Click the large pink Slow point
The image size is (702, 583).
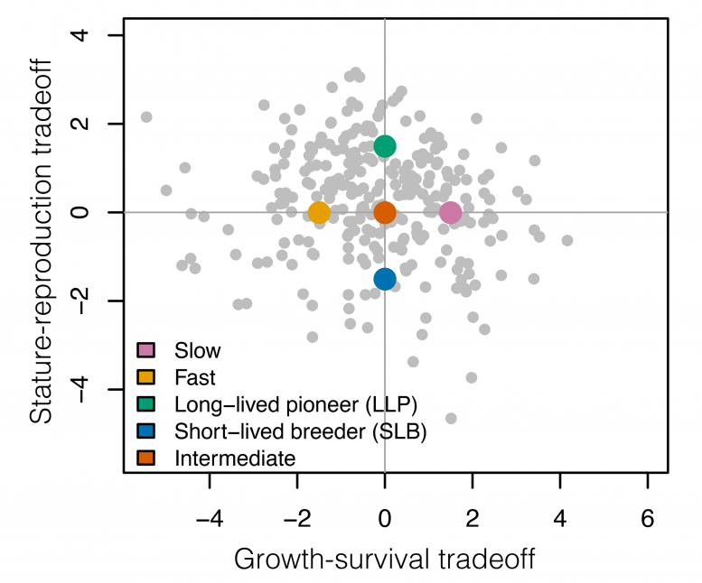[451, 213]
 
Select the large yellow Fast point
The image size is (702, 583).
[319, 213]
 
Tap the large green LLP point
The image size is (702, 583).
[385, 146]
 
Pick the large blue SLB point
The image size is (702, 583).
[385, 279]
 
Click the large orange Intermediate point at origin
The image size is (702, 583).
[385, 213]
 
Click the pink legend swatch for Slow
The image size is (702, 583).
[146, 350]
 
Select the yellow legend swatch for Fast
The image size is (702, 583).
[146, 377]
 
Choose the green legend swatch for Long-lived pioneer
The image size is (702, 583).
[146, 404]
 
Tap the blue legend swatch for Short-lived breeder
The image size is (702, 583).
[146, 431]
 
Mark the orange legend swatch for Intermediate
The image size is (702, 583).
[146, 458]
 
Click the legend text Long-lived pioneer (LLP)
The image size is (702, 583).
[276, 404]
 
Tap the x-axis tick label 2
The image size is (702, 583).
[473, 521]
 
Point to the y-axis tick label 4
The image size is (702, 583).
[92, 35]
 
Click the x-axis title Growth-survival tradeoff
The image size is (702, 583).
[385, 560]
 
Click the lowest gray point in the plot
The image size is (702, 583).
[451, 418]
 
